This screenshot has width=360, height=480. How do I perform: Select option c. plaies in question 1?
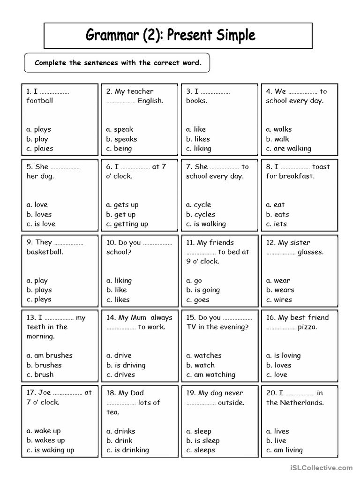(40, 149)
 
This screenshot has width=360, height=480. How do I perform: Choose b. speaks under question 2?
(121, 139)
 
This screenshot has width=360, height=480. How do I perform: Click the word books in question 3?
(196, 101)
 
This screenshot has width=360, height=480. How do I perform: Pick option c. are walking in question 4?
(288, 149)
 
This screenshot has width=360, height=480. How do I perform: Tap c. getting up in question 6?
(127, 224)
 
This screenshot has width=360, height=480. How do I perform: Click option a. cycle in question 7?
(199, 205)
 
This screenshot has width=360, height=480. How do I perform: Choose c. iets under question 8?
(276, 224)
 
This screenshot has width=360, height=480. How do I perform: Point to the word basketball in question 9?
(45, 252)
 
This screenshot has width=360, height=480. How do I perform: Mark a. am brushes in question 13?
(50, 355)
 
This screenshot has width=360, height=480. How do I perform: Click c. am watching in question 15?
(210, 375)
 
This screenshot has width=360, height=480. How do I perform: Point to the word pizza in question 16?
(307, 327)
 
